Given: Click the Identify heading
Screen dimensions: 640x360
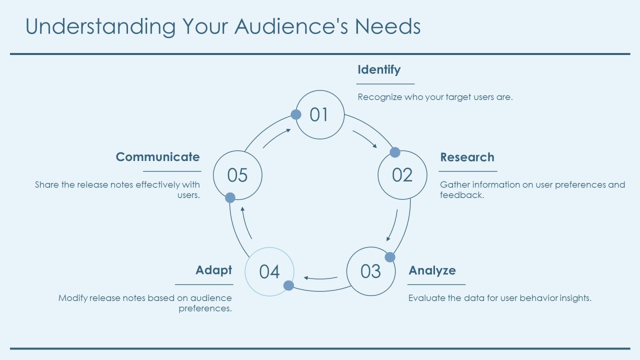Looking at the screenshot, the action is pyautogui.click(x=379, y=69).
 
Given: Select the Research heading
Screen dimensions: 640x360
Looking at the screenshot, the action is pyautogui.click(x=467, y=157).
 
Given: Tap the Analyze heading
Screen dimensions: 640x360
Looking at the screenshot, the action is pyautogui.click(x=432, y=270).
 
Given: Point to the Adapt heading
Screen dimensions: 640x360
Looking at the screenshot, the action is pyautogui.click(x=213, y=270).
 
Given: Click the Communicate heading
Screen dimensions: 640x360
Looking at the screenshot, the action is pyautogui.click(x=157, y=157).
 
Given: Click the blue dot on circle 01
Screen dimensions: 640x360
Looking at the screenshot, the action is pyautogui.click(x=296, y=114).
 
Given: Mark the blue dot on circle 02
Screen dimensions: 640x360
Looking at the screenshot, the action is pyautogui.click(x=395, y=152).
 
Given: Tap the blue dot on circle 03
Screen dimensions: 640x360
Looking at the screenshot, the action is pyautogui.click(x=390, y=257).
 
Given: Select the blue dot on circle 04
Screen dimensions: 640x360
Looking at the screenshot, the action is pyautogui.click(x=288, y=285).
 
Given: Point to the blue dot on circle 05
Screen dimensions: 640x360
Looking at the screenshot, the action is pyautogui.click(x=230, y=197).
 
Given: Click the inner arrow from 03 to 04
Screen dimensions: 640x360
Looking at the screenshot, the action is pyautogui.click(x=320, y=278).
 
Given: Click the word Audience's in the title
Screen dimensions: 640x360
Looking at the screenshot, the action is pyautogui.click(x=291, y=26).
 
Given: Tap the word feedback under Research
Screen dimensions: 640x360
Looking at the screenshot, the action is pyautogui.click(x=462, y=195).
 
